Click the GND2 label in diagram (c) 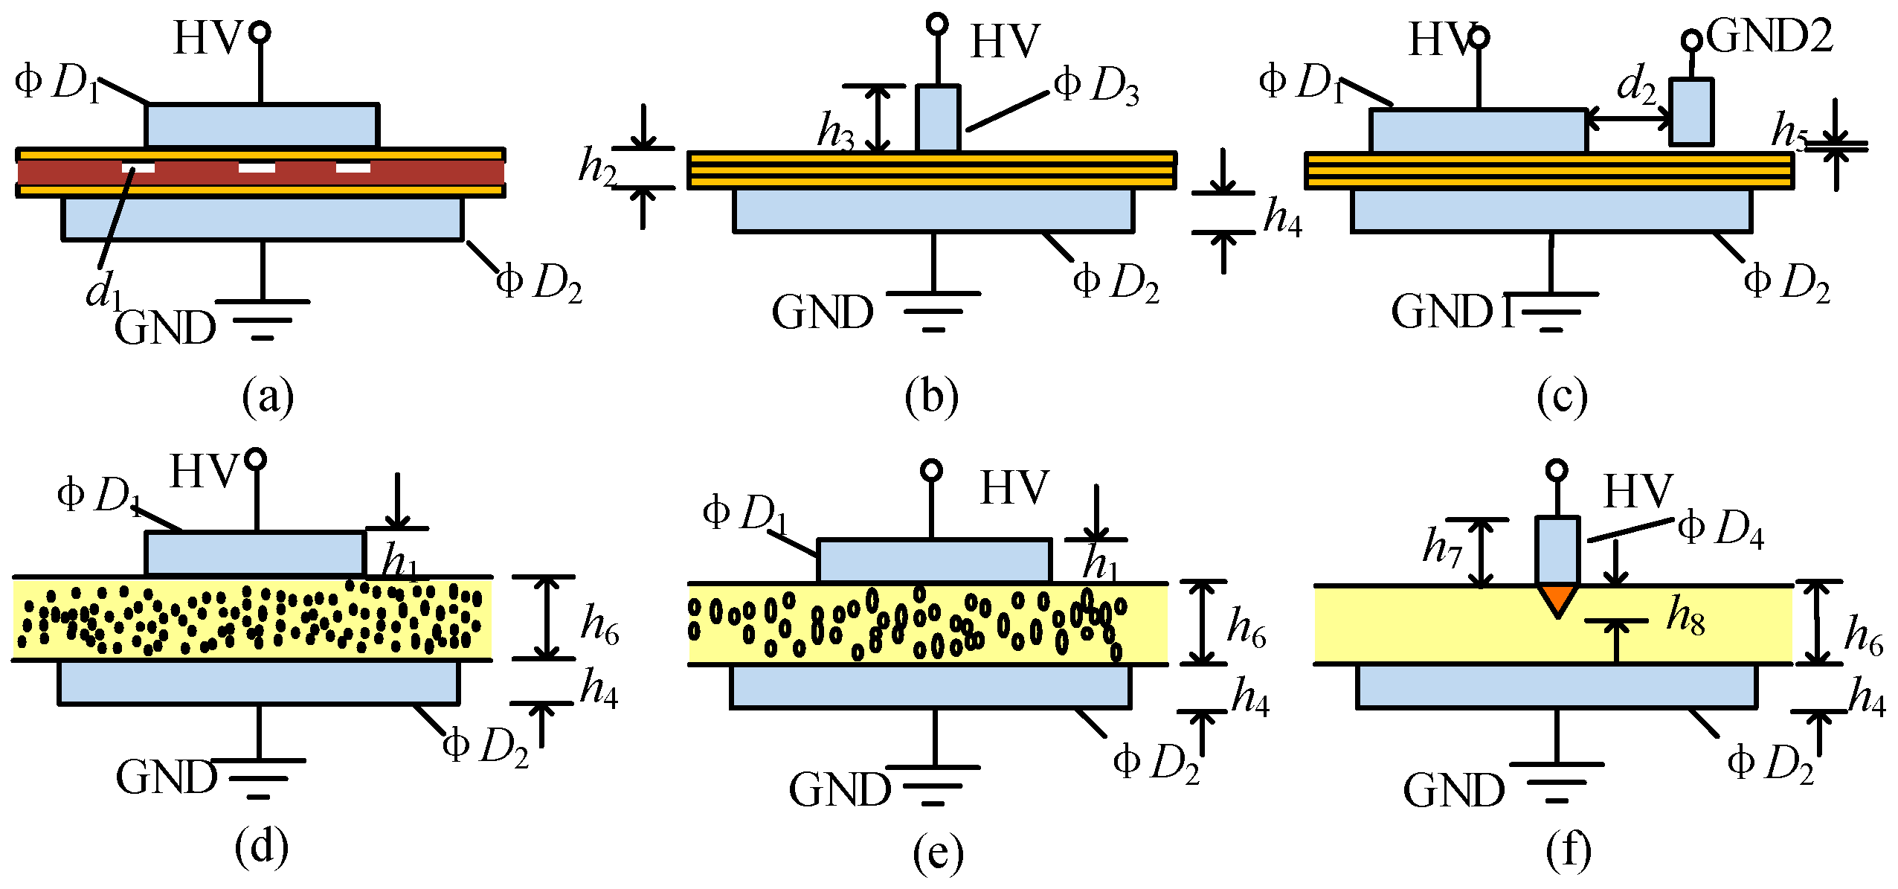(1769, 36)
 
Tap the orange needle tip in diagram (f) (1557, 598)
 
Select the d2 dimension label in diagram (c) (1636, 86)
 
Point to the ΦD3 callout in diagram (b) (1097, 88)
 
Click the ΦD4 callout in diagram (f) (1721, 530)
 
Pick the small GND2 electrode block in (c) (1691, 112)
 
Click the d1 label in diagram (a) (103, 290)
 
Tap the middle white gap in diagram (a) (256, 168)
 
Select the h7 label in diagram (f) (1442, 547)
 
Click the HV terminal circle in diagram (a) (260, 32)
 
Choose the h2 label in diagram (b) (598, 167)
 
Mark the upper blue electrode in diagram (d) (255, 553)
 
